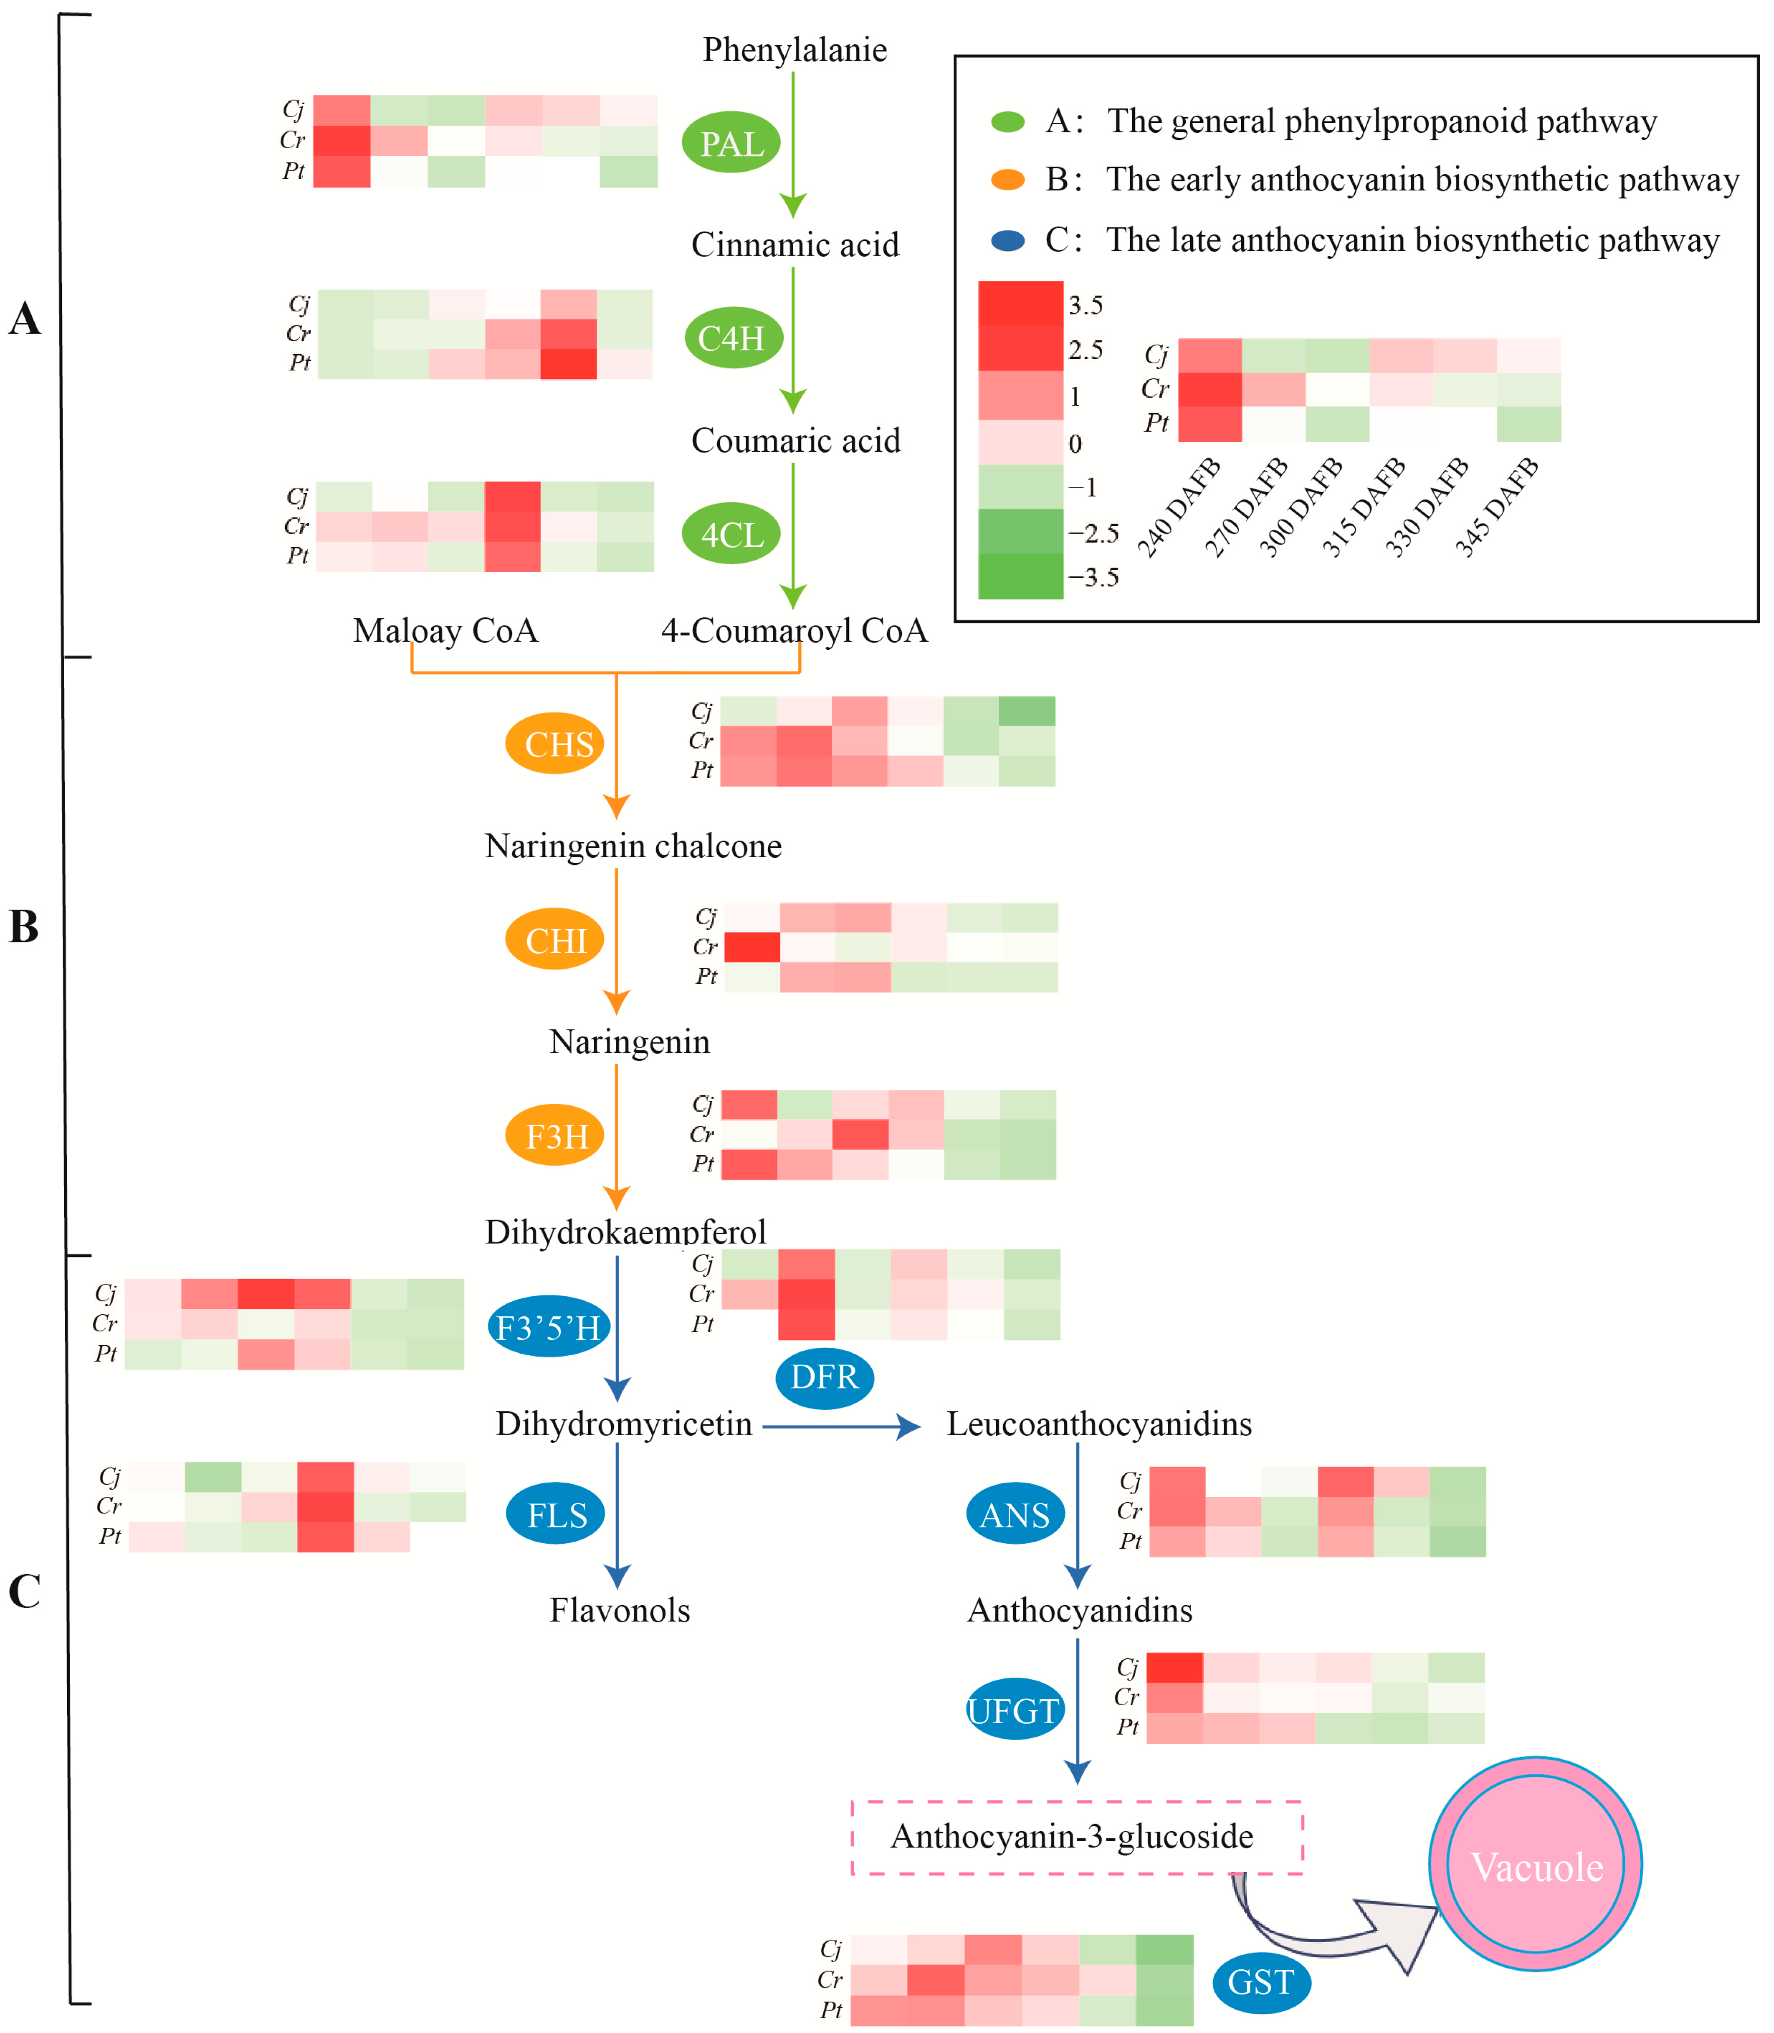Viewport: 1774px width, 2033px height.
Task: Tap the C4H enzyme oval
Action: tap(732, 337)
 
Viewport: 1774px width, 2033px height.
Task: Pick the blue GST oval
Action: tap(1261, 1983)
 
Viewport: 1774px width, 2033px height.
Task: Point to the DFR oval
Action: tap(824, 1377)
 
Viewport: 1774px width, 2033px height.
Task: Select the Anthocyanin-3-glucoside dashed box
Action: tap(1076, 1837)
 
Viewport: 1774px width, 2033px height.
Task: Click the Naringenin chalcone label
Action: tap(632, 846)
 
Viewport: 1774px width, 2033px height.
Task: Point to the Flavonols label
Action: tap(620, 1610)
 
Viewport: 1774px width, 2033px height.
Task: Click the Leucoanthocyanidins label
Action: tap(1099, 1424)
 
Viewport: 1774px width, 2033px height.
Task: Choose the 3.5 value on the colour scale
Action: tap(1085, 305)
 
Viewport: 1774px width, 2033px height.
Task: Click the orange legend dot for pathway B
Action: tap(1008, 179)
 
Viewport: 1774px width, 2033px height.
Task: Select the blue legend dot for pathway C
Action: tap(1008, 239)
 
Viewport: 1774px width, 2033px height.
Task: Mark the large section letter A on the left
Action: tap(25, 319)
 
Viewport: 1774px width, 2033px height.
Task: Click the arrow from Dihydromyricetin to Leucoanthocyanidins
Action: tap(841, 1426)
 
